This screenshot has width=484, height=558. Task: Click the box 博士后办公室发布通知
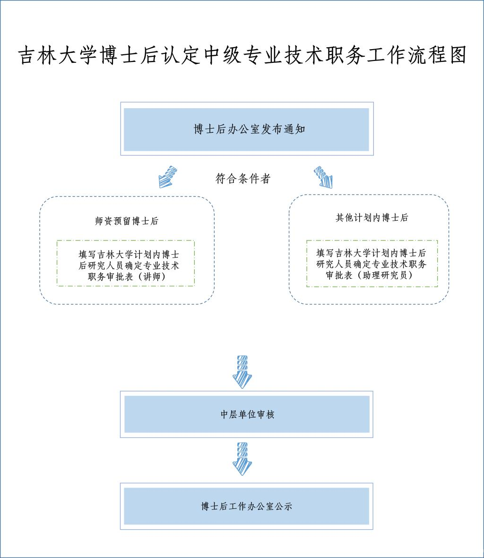246,129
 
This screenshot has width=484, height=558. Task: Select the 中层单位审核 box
246,414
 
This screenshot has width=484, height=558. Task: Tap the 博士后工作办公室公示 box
246,506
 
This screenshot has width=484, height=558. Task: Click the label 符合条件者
242,179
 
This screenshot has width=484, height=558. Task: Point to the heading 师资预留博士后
127,221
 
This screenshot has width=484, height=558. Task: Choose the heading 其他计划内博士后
372,218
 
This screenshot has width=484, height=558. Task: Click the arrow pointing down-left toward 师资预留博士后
168,177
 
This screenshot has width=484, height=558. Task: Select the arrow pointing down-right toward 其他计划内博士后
324,177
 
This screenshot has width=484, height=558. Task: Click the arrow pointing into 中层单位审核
243,371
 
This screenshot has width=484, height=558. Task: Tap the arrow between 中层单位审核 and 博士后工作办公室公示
243,458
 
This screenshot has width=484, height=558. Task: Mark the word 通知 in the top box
294,129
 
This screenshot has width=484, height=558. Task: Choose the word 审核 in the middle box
265,415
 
